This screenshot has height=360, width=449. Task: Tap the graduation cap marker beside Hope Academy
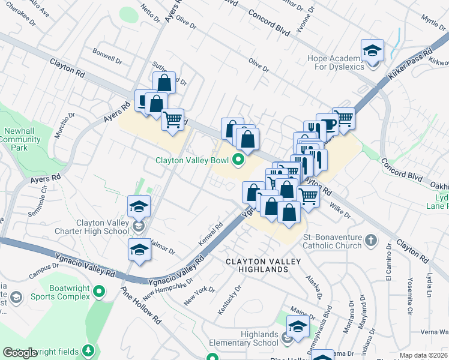click(372, 50)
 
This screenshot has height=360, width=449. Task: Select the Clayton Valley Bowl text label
click(192, 160)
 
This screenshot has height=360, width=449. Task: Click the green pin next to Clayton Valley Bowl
click(238, 160)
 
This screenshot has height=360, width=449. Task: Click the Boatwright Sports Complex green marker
click(99, 292)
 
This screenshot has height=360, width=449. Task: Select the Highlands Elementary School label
click(244, 338)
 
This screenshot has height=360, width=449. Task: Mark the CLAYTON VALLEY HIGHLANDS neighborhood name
click(258, 266)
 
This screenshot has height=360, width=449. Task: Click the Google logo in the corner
click(20, 353)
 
